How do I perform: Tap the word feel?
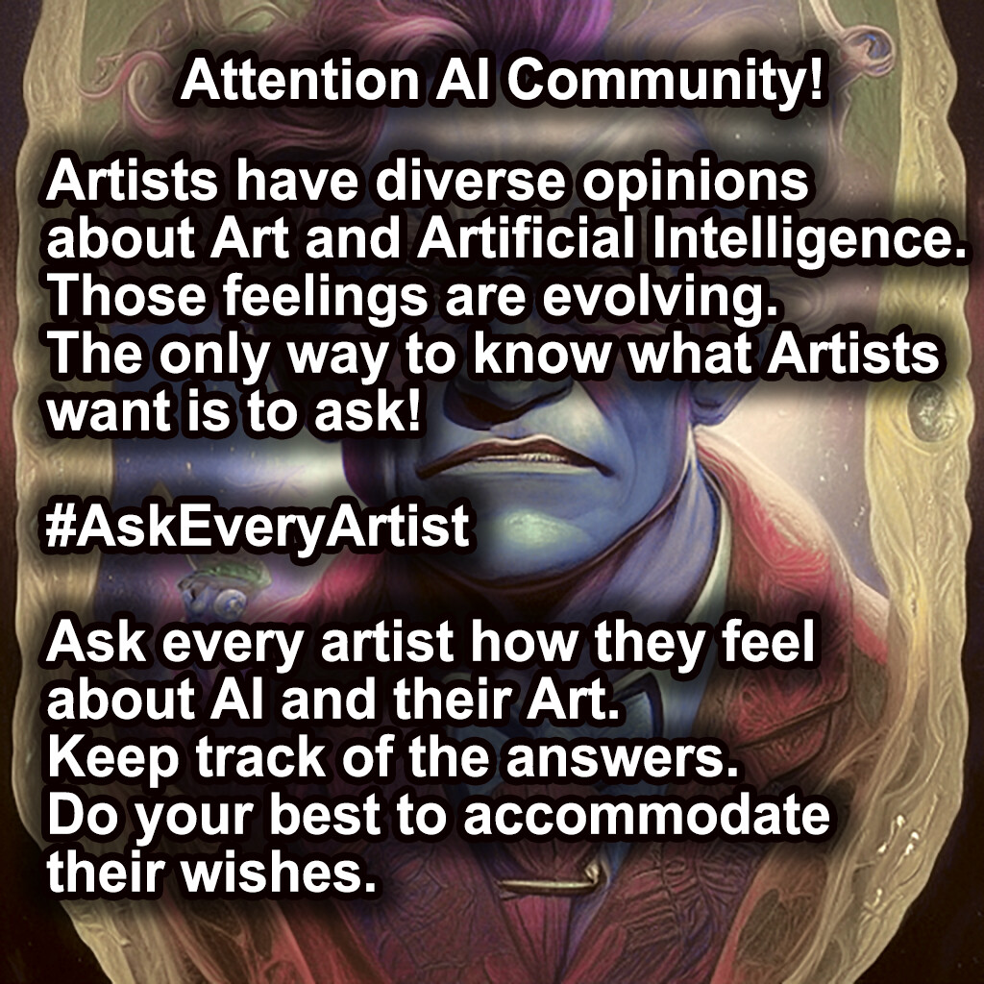(x=764, y=645)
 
